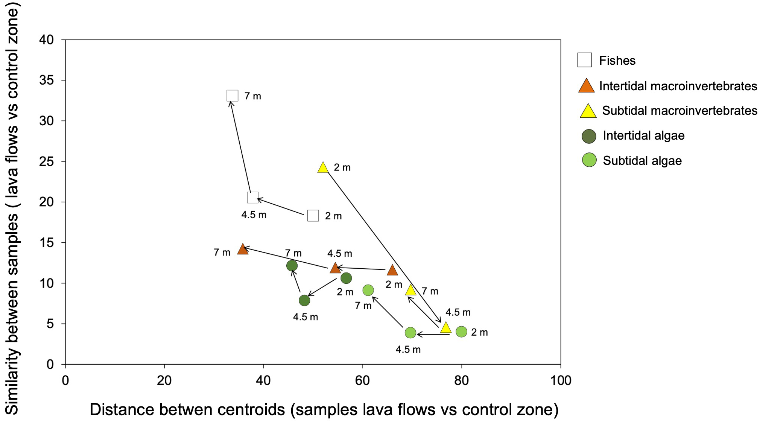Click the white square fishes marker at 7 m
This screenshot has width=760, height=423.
tap(233, 96)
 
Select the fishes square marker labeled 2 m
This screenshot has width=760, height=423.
tap(313, 216)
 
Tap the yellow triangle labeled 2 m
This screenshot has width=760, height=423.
tap(323, 168)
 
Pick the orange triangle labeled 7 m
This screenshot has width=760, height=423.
tap(243, 249)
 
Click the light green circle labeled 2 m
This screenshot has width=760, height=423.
tap(461, 332)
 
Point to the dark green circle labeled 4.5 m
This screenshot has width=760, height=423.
tap(304, 300)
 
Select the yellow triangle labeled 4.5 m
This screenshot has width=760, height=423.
tap(445, 327)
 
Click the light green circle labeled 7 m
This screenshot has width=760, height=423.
tap(368, 290)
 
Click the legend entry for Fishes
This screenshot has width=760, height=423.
tap(617, 61)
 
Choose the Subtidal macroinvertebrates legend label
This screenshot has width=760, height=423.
tap(679, 111)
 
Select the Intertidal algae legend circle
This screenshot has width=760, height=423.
tap(589, 136)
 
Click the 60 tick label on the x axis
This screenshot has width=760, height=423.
tap(362, 380)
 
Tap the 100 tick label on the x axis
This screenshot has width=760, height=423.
tap(560, 380)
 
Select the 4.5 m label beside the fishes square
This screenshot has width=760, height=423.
tap(254, 215)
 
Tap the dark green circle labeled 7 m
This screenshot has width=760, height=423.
tap(292, 266)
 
